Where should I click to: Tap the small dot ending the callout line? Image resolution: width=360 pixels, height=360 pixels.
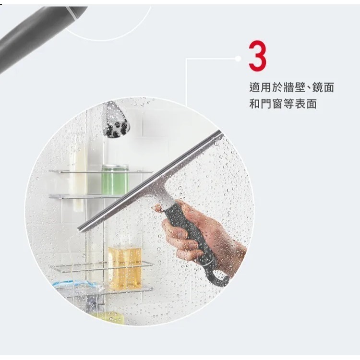coord(238,58)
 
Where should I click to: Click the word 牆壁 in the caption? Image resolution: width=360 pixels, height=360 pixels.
coord(291,88)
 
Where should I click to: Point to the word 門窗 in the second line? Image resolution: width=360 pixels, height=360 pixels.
coord(272,104)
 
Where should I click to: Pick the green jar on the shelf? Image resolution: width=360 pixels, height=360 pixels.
coord(115,180)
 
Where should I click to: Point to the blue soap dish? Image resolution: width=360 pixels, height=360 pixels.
coord(77,287)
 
